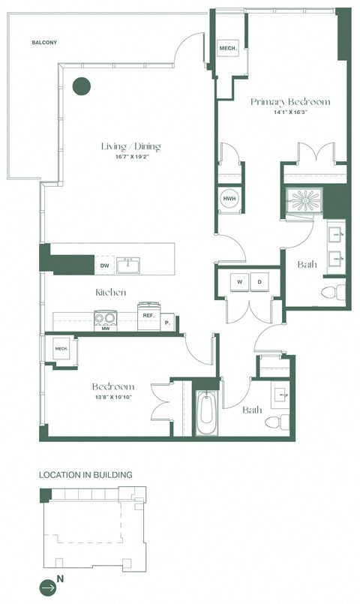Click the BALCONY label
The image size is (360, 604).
click(x=44, y=43)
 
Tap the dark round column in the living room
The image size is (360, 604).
click(x=81, y=86)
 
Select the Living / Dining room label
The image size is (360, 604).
click(x=131, y=146)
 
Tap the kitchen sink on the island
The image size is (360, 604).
click(x=131, y=264)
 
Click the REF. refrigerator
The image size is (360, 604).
click(x=148, y=316)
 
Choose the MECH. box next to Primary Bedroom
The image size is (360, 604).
click(x=227, y=50)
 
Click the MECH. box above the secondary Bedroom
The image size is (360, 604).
click(x=61, y=349)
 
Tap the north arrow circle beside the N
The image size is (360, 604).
click(x=48, y=588)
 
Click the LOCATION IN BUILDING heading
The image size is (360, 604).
click(x=85, y=475)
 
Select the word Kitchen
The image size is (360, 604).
click(x=110, y=292)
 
